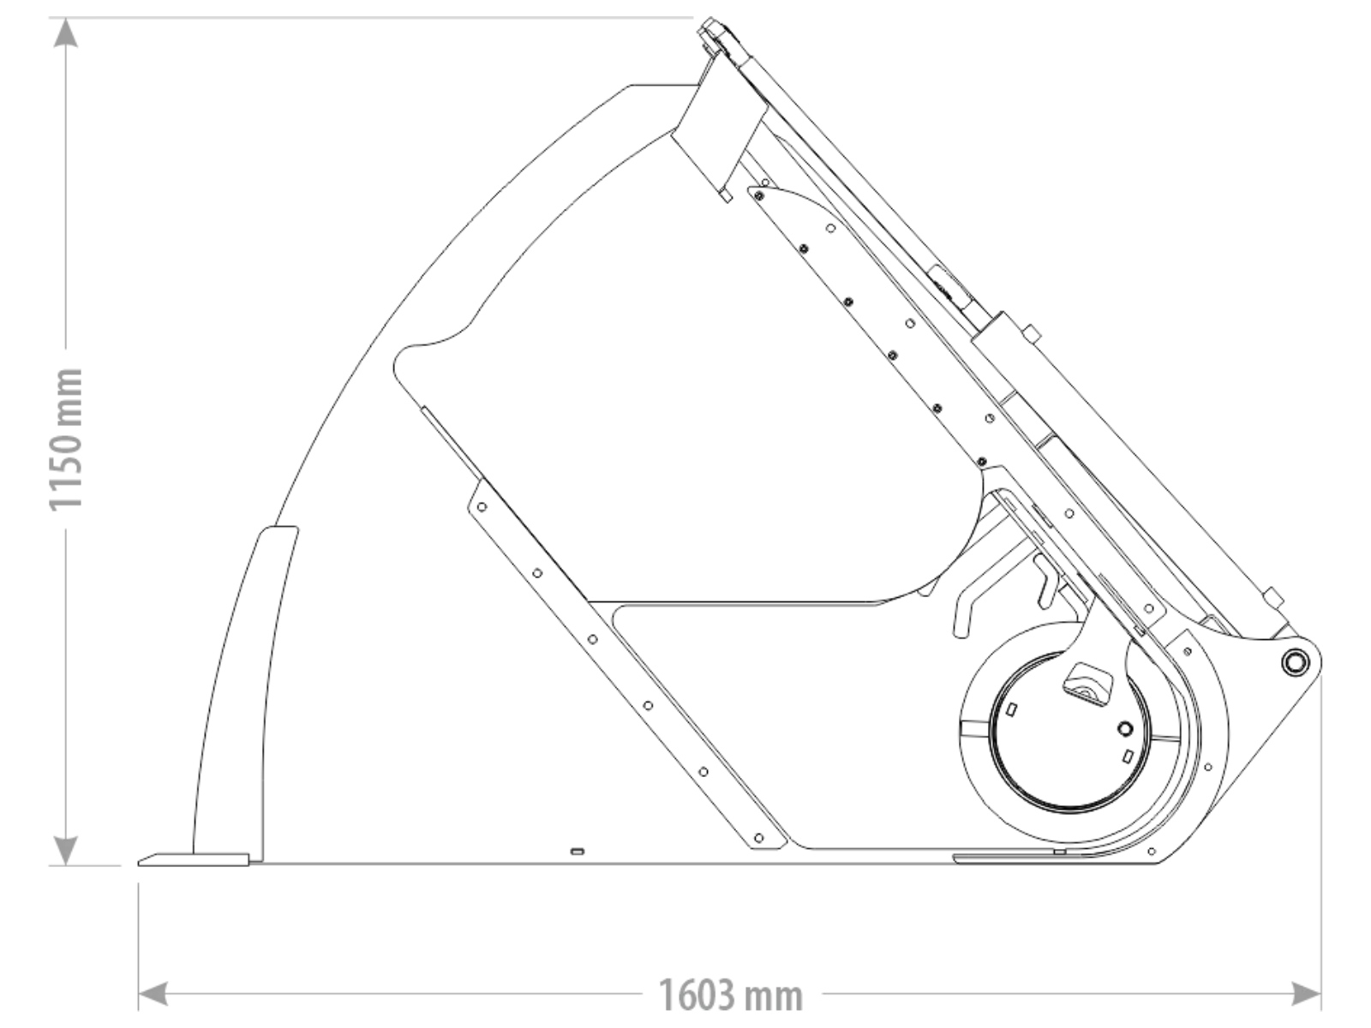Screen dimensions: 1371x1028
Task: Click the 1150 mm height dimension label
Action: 66,439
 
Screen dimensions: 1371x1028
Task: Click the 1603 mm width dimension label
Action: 731,995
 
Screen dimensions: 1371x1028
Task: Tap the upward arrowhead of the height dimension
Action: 66,33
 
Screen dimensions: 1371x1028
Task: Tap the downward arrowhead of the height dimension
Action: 66,850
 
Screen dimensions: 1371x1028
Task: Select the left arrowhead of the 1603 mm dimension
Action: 153,994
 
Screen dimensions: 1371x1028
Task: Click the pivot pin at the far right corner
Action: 1294,661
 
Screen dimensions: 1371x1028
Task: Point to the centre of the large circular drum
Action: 1069,732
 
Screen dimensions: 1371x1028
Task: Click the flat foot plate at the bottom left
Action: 194,859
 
